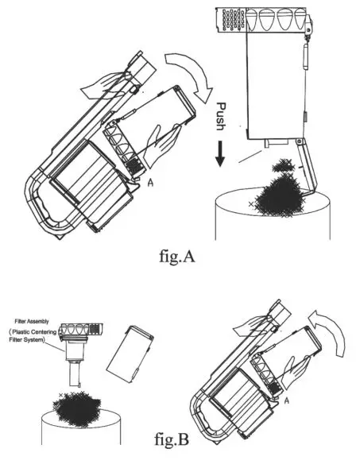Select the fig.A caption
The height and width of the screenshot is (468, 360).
tap(180, 256)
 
